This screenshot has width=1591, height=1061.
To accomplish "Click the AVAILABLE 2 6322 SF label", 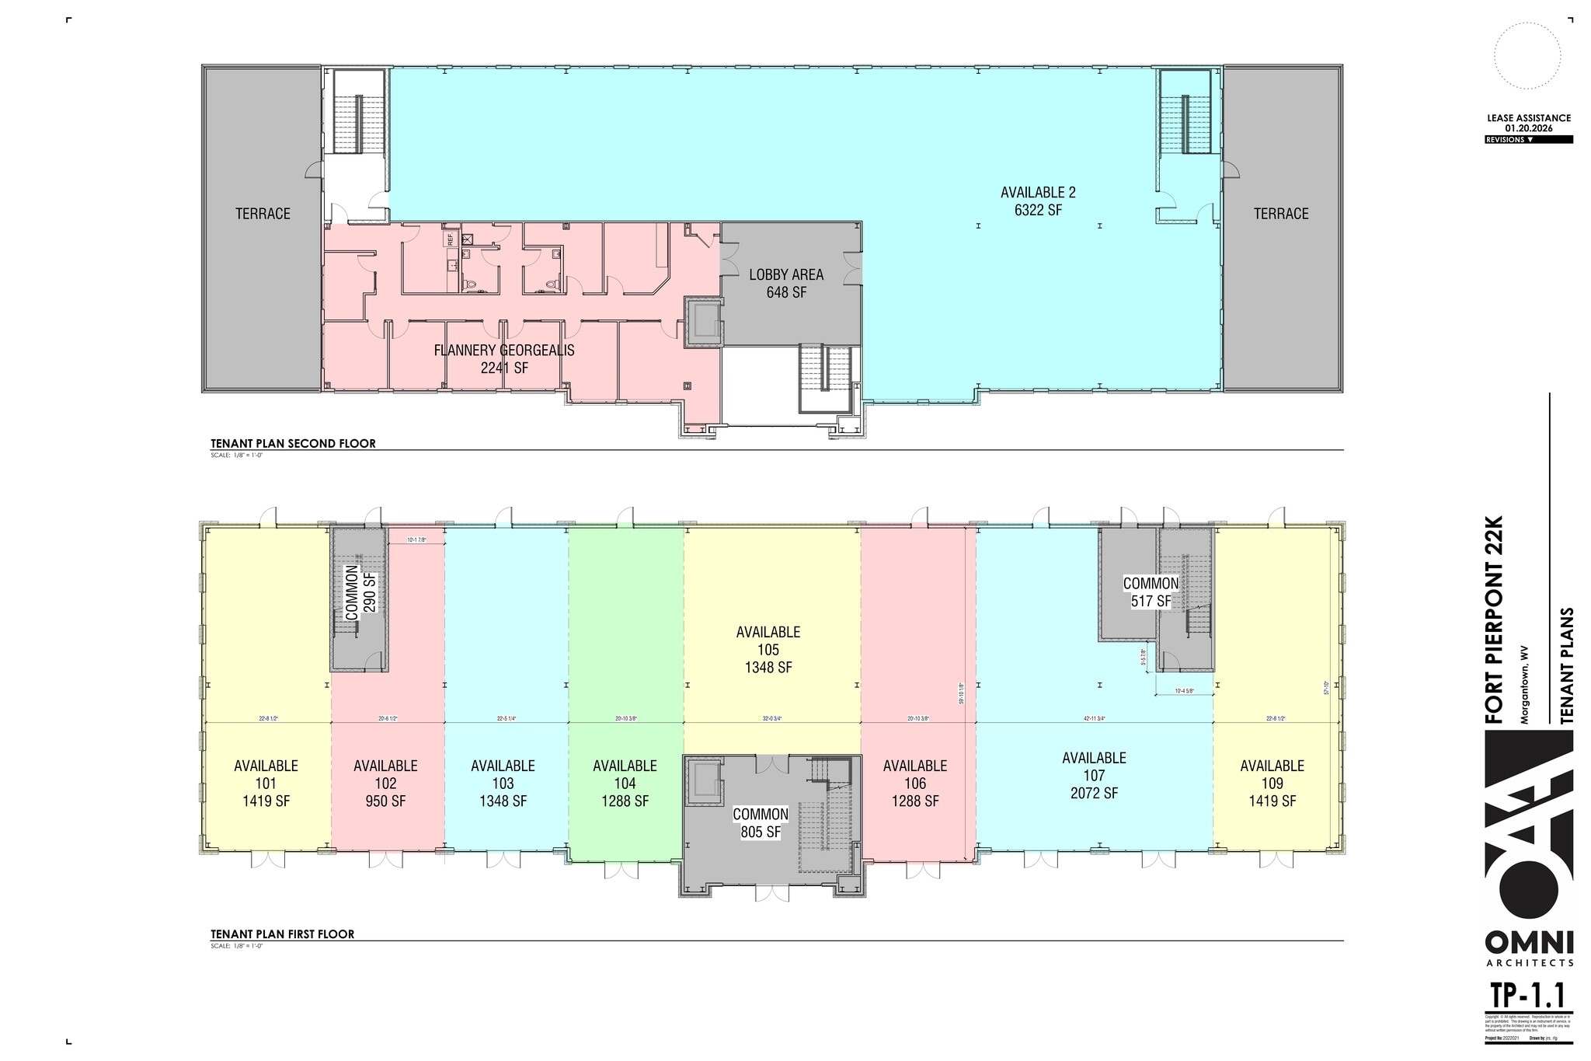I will (1037, 201).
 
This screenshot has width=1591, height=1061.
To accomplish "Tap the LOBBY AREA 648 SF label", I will (786, 284).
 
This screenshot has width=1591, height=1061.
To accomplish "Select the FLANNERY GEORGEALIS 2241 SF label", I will (504, 359).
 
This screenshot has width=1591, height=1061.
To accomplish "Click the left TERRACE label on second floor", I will (263, 214).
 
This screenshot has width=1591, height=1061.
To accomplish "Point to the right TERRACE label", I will (1280, 214).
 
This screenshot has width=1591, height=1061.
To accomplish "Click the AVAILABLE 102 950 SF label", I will (385, 784).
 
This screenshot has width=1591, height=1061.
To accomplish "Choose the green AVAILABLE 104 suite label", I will (625, 784).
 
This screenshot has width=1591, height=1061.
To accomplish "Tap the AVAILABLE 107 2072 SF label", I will (1094, 775).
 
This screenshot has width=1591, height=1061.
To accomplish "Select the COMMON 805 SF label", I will (761, 823).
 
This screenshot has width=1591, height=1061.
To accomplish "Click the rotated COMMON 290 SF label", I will (360, 592).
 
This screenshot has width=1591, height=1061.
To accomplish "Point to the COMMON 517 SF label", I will (1151, 592).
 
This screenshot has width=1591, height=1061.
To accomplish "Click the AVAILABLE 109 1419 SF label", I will (1272, 784).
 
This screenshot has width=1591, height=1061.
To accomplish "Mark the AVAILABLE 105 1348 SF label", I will (768, 650).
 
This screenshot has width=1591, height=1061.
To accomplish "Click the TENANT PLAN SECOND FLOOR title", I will (293, 444).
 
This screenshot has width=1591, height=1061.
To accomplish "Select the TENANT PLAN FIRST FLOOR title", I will (282, 934).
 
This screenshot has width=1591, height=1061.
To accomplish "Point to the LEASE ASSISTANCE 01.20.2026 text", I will (1528, 123).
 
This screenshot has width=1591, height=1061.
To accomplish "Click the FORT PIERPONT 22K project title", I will (1495, 619).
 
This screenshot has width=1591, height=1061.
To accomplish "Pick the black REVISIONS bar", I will (1528, 140).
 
